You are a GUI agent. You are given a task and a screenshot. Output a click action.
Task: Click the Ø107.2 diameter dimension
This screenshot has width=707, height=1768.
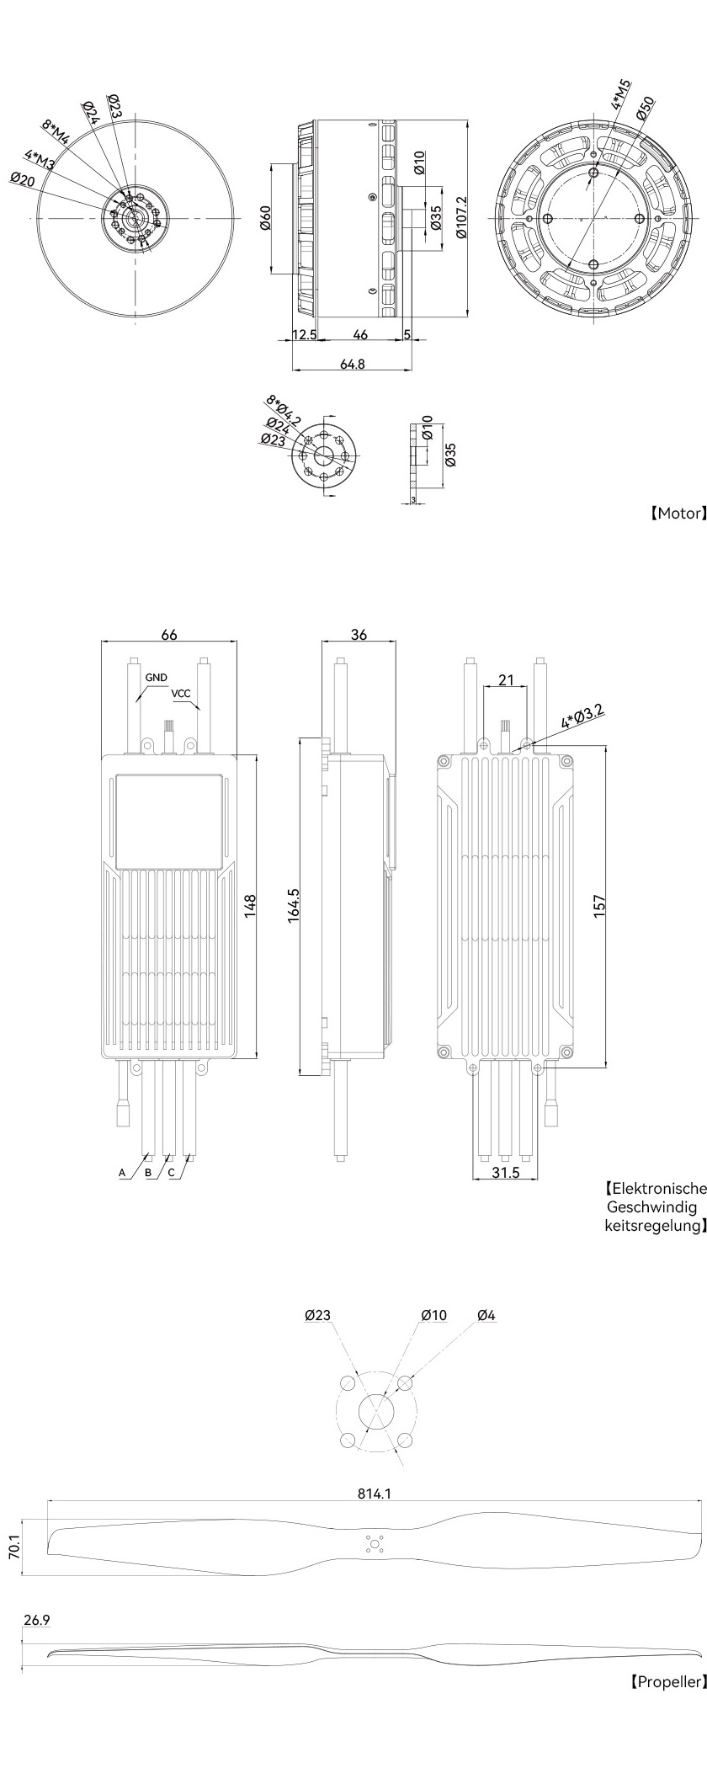[x=460, y=218]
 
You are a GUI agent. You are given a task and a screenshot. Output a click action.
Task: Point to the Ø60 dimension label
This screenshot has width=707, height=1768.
[x=264, y=218]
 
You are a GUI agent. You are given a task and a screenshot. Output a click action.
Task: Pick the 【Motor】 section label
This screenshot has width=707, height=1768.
[x=676, y=514]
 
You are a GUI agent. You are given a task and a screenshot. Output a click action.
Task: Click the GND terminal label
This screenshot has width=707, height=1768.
[x=156, y=677]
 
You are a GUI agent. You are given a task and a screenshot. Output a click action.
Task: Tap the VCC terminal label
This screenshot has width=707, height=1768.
[x=181, y=695]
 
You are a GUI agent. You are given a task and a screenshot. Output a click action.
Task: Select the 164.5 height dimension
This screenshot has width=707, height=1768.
[x=294, y=906]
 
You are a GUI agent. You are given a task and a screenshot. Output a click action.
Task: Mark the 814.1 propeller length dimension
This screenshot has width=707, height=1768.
[x=375, y=1494]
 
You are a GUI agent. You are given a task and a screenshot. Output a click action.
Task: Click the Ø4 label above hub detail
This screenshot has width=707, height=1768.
[x=486, y=1315]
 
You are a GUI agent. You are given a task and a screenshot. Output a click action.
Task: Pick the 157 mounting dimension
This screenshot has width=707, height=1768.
[x=599, y=907]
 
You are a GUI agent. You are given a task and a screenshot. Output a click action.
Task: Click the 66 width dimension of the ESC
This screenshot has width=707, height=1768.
[x=169, y=635]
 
